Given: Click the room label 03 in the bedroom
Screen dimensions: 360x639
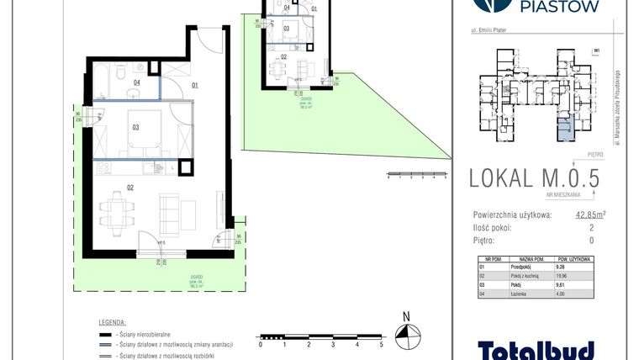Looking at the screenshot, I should [x=135, y=128].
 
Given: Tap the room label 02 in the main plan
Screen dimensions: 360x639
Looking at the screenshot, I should [x=131, y=187].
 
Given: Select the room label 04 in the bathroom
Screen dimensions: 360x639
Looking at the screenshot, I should [x=136, y=82].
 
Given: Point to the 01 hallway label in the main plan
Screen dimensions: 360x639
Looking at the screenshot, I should [x=194, y=85].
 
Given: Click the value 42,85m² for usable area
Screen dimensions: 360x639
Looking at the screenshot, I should [x=591, y=214].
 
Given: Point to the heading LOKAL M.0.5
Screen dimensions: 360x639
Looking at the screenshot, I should [x=538, y=178].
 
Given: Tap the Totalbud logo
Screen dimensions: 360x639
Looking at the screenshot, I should [x=536, y=349].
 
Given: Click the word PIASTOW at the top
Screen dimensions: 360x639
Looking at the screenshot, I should [x=558, y=8].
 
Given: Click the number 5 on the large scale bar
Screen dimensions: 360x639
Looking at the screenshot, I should [x=382, y=345].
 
